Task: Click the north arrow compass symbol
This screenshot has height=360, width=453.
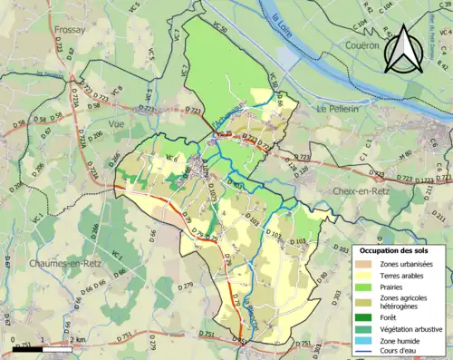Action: click(401, 50)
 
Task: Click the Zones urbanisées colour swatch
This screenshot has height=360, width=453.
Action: click(364, 264)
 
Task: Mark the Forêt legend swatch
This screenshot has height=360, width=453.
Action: click(364, 318)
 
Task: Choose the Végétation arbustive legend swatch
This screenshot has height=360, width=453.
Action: click(364, 329)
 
